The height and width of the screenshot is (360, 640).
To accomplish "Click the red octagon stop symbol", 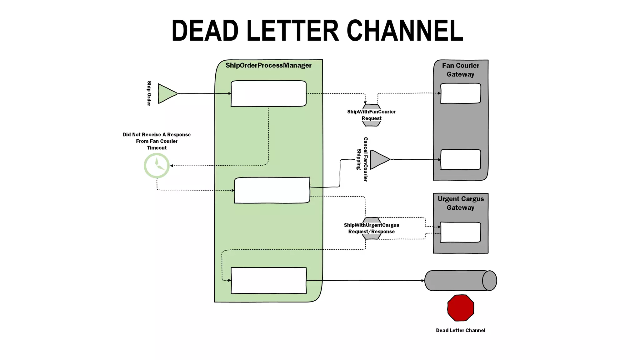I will coord(461,308).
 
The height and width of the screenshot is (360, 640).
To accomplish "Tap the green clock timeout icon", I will coord(157,166).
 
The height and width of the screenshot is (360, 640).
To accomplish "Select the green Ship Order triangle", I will coord(166,93).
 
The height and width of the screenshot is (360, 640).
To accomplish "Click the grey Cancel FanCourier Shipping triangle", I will coord(378,160).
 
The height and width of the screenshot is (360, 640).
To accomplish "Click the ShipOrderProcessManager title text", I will coord(268,65).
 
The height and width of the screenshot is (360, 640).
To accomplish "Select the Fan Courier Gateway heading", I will coord(460,70).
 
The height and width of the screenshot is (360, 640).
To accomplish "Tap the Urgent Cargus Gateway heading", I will coord(460,203).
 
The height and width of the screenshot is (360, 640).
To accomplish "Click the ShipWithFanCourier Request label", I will coord(371,115).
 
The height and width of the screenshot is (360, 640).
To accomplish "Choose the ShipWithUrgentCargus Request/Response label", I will coord(371,228).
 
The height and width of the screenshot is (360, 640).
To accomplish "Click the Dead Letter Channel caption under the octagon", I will coord(460,330).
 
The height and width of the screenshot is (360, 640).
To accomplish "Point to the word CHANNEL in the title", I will coord(405,31).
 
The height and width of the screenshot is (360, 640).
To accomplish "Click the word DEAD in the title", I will coord(205,31).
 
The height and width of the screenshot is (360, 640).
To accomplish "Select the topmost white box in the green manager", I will coord(268,93).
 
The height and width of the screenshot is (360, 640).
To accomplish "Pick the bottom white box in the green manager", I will coord(268,280).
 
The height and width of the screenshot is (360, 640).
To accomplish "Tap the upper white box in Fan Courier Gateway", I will coord(460,93).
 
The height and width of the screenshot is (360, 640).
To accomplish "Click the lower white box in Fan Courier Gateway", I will coord(460,159).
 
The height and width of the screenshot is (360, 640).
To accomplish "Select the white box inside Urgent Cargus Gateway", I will coord(460,232).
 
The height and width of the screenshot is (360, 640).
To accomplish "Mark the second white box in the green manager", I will coord(272,190).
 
